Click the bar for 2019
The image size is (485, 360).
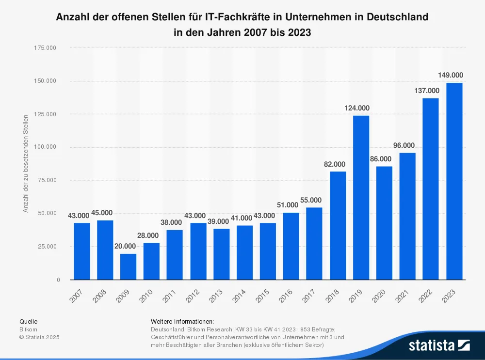pos(361,197)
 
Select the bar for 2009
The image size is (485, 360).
pos(128,266)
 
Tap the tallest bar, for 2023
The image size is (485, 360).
pos(454,181)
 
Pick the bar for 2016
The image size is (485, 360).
pos(291,246)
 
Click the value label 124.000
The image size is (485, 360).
pos(361,108)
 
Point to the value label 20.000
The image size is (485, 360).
pos(128,246)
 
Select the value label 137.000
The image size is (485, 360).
pos(431,91)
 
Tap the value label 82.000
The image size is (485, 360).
pos(338,164)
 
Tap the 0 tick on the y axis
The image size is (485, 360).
pos(58,280)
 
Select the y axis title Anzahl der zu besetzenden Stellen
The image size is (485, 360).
pos(26,163)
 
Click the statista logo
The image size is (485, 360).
pos(439,345)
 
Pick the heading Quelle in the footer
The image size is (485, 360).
pos(28,321)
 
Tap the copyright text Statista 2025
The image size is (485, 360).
pos(39,337)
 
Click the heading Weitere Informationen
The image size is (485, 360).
pos(182,321)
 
